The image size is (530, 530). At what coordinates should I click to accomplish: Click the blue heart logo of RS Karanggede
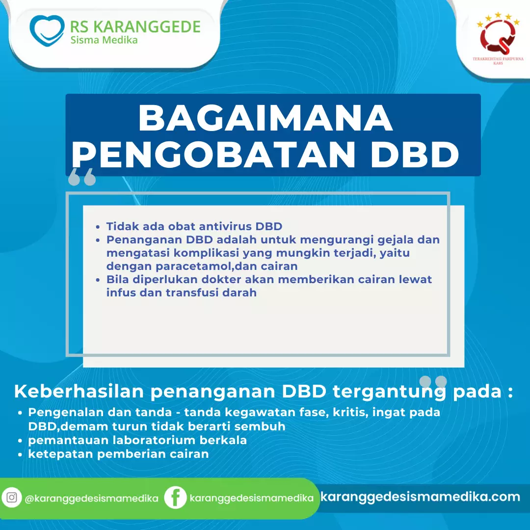tap(47, 30)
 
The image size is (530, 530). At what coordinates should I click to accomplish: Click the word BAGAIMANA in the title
tap(265, 118)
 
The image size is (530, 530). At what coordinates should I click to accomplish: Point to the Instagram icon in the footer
tap(12, 498)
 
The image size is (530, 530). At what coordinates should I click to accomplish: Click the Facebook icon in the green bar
tap(175, 498)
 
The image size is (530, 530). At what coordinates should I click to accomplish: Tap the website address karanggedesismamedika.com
tap(420, 497)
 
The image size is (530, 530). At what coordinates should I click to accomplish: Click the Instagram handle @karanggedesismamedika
tap(92, 498)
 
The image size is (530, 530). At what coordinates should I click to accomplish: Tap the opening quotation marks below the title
tap(82, 177)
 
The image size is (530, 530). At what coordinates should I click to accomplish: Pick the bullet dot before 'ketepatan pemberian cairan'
tap(20, 455)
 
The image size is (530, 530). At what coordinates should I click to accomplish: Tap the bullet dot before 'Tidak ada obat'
tap(98, 227)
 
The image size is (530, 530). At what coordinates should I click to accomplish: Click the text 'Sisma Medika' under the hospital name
tap(104, 40)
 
